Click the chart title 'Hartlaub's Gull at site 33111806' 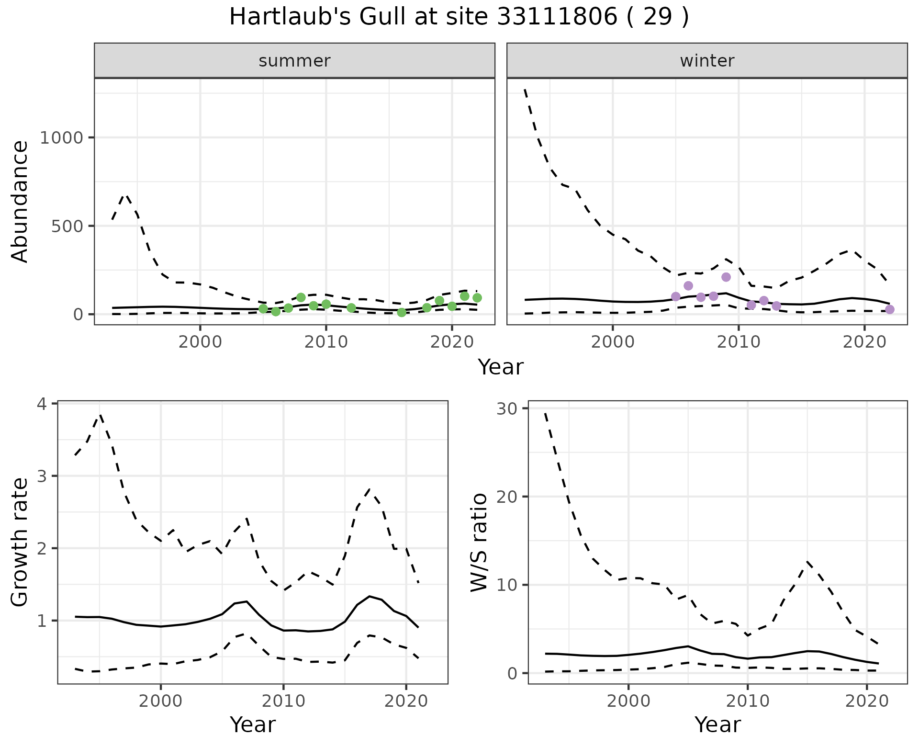click(459, 18)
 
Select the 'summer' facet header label click(294, 61)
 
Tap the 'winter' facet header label click(707, 61)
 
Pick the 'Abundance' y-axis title click(20, 202)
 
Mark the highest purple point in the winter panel click(726, 277)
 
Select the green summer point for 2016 click(402, 313)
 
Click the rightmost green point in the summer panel click(477, 298)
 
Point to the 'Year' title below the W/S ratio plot click(717, 724)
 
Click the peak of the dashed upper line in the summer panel click(125, 195)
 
